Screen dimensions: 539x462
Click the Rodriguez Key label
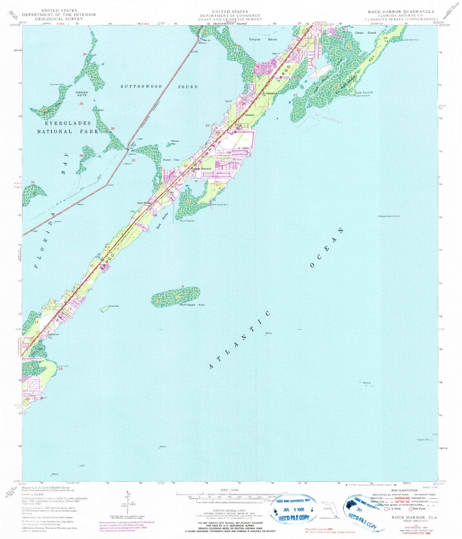(x=192, y=305)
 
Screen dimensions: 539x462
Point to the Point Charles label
(x=187, y=221)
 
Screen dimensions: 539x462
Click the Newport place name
(x=249, y=115)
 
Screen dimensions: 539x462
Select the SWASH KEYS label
(x=82, y=94)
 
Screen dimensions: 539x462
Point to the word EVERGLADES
(x=68, y=123)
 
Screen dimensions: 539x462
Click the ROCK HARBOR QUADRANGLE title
(x=401, y=12)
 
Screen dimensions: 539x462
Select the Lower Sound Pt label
(x=364, y=93)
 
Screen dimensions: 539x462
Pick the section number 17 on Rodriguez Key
(x=178, y=296)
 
